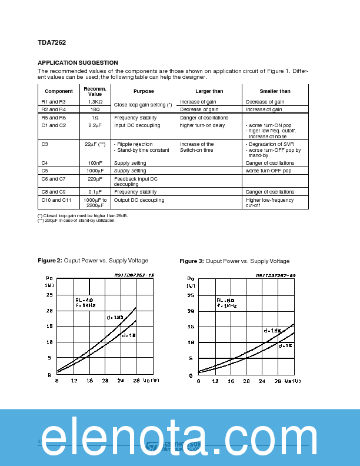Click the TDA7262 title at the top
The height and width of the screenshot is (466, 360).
[52, 42]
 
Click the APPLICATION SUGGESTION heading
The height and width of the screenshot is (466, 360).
[78, 63]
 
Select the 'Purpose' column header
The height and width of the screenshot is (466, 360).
[144, 91]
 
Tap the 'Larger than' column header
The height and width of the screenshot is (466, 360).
[209, 91]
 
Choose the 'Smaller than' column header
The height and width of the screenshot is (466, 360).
[275, 91]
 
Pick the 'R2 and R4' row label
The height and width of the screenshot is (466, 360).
[54, 109]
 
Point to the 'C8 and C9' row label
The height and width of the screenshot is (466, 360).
[54, 192]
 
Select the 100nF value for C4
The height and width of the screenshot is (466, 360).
[95, 163]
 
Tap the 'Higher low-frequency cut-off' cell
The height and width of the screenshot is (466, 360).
[270, 203]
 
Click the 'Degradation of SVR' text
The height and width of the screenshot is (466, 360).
[271, 144]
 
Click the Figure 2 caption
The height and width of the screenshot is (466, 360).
[93, 261]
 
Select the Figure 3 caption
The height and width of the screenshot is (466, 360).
[234, 261]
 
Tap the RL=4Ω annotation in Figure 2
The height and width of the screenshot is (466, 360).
[84, 300]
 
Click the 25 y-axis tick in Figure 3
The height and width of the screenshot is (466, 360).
[190, 295]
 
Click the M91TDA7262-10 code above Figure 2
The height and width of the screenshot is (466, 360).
[134, 275]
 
